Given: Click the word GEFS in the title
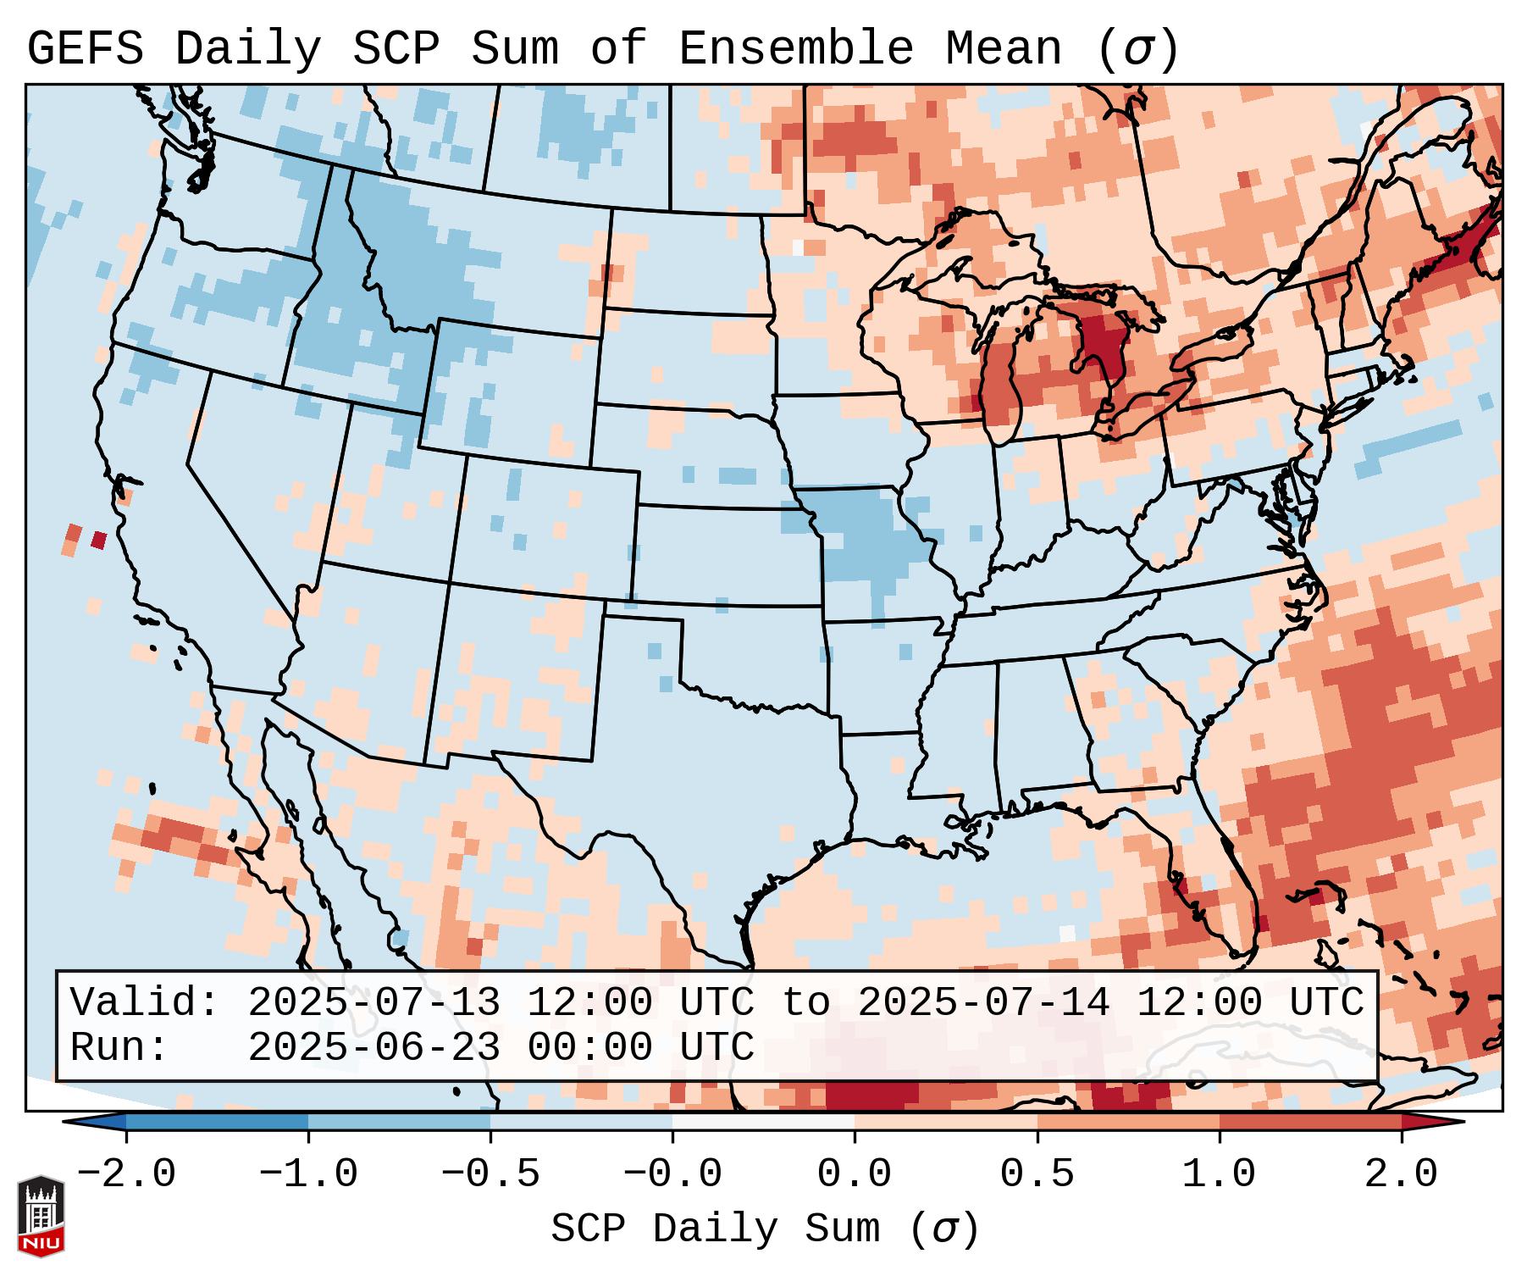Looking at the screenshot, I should (85, 49).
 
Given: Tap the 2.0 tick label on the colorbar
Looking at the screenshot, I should (1401, 1174).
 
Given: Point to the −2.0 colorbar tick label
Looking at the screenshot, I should (126, 1174).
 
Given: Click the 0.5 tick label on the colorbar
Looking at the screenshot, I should (1037, 1174).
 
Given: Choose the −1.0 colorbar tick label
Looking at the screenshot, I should (308, 1174).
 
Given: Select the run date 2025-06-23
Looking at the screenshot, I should (373, 1047).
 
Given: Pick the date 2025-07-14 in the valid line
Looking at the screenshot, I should (983, 1002).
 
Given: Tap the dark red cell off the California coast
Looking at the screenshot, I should (99, 540).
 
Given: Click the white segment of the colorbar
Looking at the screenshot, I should (763, 1122).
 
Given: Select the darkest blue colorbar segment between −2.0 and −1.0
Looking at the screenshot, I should (217, 1122).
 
